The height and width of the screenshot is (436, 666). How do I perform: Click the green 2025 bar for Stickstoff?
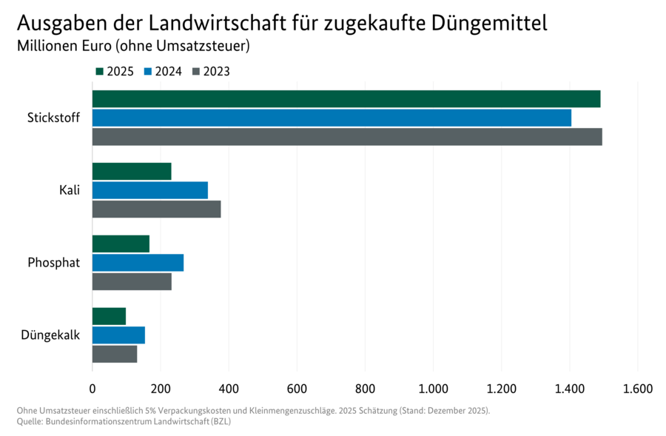[x=346, y=99]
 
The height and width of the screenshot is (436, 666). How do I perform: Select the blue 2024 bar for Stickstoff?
[x=332, y=118]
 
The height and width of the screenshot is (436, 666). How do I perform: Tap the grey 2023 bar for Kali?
[x=156, y=209]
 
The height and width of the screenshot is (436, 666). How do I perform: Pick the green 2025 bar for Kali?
[x=132, y=172]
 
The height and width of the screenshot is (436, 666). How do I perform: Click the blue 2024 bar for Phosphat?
[x=138, y=263]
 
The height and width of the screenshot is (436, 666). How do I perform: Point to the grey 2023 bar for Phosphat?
[x=132, y=281]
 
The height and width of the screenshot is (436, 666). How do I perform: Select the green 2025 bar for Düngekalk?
[x=109, y=316]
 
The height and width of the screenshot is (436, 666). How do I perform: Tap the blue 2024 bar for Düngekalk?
[x=118, y=335]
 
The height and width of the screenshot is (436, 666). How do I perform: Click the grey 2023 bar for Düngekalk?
[x=115, y=354]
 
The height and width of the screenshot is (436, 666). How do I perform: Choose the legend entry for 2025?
[x=115, y=72]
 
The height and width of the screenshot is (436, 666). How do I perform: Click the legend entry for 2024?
[x=163, y=72]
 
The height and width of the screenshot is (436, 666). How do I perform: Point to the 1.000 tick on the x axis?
[x=433, y=388]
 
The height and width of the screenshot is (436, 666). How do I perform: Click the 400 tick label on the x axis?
[x=229, y=388]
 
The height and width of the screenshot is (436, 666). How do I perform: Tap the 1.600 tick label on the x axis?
[x=637, y=388]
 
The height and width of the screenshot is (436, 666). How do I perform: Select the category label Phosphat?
[x=53, y=263]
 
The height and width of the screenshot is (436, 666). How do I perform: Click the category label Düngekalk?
[x=50, y=335]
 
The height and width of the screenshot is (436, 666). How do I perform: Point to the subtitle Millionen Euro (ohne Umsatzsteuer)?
[x=132, y=46]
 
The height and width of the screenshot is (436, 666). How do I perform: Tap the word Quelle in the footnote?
[x=29, y=421]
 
